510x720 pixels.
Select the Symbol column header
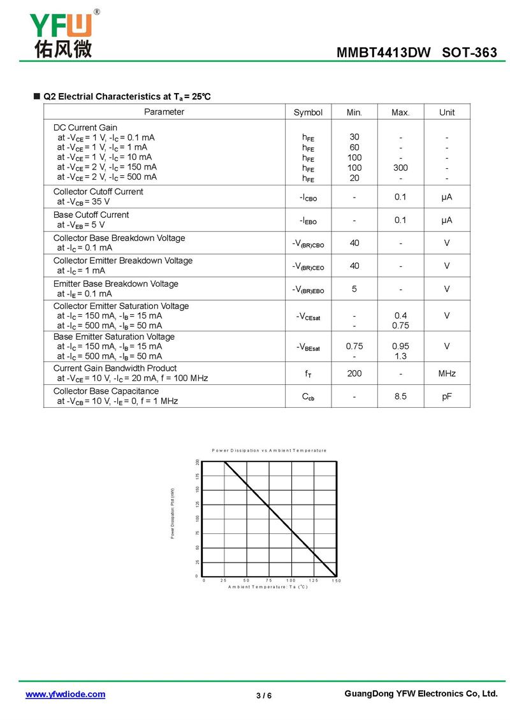click(308, 112)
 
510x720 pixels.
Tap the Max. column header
click(400, 112)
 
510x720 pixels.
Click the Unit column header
click(447, 112)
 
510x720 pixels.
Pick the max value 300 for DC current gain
click(400, 168)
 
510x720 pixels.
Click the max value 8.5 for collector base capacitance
click(400, 396)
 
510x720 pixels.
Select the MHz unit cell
click(447, 373)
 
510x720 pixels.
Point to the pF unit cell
click(447, 396)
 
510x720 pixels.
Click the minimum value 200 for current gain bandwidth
click(354, 373)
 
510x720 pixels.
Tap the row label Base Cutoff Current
click(91, 215)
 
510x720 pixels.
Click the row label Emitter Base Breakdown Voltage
click(116, 284)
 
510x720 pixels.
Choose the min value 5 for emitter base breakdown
click(354, 289)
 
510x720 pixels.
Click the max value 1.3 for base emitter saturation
click(400, 356)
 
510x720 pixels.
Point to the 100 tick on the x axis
click(291, 580)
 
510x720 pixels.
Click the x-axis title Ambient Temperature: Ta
click(268, 586)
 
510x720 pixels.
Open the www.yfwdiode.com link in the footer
click(65, 695)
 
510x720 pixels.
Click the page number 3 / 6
click(264, 695)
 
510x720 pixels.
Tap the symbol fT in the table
click(308, 374)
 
